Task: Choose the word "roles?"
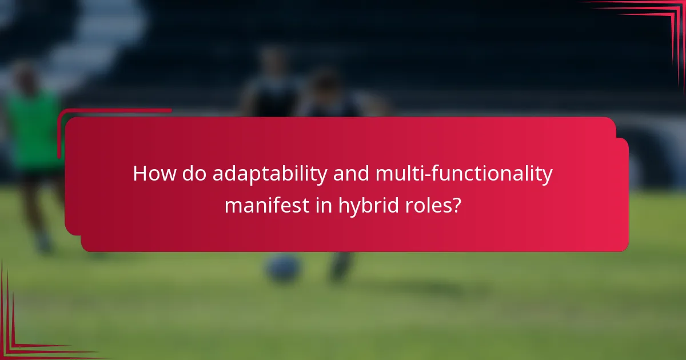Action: pyautogui.click(x=434, y=205)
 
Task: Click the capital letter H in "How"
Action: pyautogui.click(x=139, y=174)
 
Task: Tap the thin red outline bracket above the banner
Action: pyautogui.click(x=114, y=110)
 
